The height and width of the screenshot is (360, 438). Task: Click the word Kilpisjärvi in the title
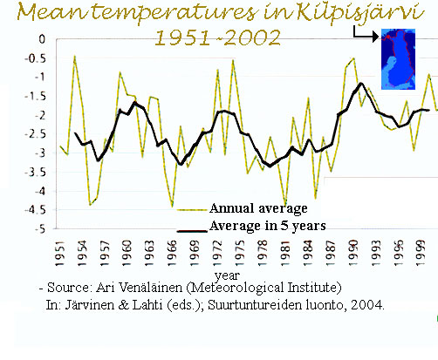click(360, 13)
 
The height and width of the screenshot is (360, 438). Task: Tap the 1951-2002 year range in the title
click(218, 37)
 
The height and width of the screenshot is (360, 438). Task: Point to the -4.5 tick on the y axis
click(35, 210)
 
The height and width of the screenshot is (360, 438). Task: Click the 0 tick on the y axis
click(42, 39)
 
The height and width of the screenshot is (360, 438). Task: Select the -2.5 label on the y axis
click(35, 134)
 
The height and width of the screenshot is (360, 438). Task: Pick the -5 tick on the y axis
click(40, 229)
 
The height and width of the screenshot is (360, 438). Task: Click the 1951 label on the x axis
click(59, 253)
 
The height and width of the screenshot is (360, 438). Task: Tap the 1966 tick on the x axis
click(172, 253)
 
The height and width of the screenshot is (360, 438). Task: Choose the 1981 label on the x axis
click(285, 253)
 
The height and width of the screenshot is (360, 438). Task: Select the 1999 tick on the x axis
click(421, 253)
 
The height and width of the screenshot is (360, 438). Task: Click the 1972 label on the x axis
click(217, 253)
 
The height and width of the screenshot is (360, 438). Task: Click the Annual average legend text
click(258, 208)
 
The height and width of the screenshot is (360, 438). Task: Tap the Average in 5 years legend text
click(268, 226)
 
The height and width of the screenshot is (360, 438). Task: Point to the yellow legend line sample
click(192, 210)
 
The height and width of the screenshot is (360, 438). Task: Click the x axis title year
click(227, 275)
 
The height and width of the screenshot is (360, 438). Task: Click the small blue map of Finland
click(398, 59)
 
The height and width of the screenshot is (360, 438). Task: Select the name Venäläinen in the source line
click(151, 288)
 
